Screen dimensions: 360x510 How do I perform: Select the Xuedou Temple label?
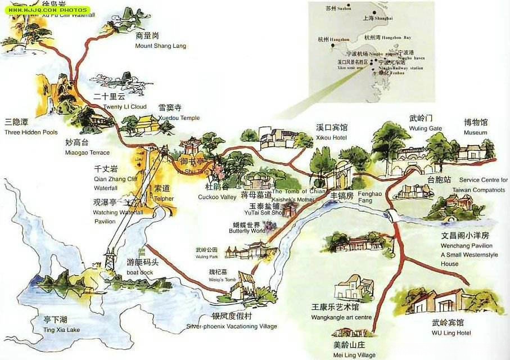pos(179,113)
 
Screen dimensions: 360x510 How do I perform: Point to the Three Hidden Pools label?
pos(30,128)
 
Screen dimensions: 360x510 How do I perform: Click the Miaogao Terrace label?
pos(87,148)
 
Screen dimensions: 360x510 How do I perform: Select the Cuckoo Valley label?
pos(216,192)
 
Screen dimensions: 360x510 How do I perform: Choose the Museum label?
pos(475,127)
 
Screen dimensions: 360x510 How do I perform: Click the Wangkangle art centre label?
pos(341,312)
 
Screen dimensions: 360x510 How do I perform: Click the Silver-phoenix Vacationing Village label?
pos(232,321)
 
